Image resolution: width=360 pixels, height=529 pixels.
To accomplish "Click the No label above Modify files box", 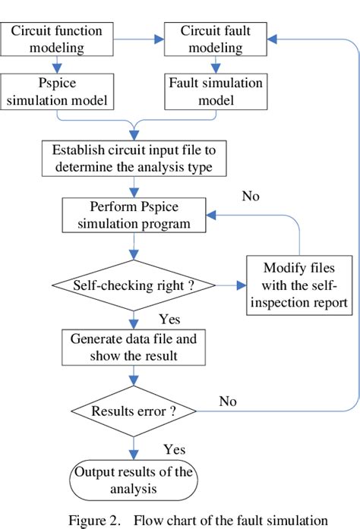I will pyautogui.click(x=251, y=196).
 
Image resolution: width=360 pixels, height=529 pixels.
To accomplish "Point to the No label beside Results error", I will pyautogui.click(x=227, y=400).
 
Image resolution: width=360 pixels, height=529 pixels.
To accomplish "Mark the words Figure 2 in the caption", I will pyautogui.click(x=95, y=520).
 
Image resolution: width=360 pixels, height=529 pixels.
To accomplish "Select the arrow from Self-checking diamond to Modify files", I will pyautogui.click(x=232, y=287).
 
